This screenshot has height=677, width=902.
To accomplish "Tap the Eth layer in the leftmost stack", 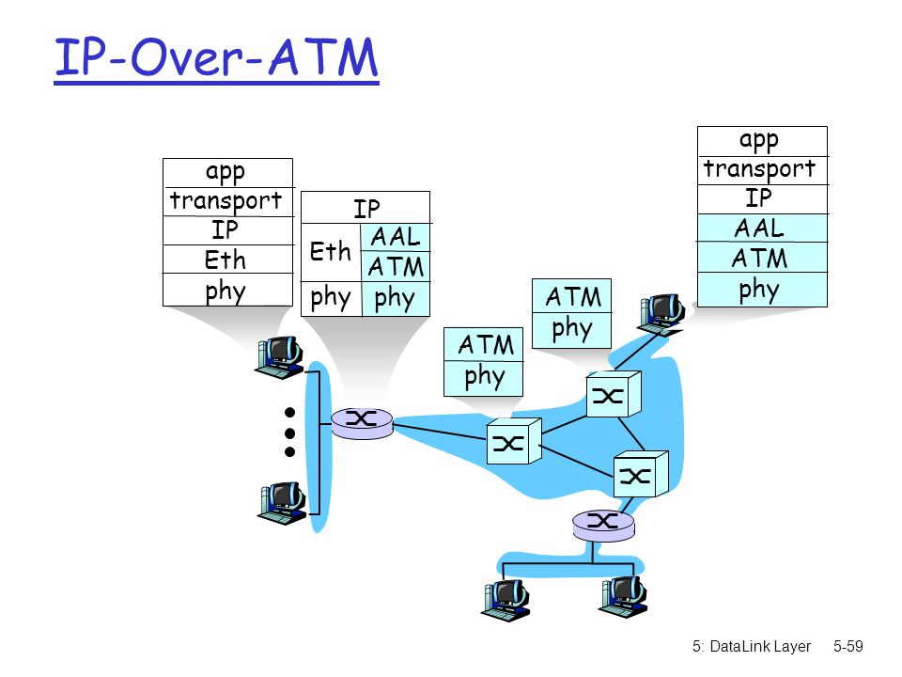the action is click(x=227, y=260).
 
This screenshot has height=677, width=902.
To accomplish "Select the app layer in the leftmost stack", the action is click(x=227, y=173).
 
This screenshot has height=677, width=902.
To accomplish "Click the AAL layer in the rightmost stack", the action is click(x=762, y=228).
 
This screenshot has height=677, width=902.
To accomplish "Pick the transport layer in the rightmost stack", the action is click(x=762, y=170).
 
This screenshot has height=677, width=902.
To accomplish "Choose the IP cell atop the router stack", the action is click(x=365, y=207).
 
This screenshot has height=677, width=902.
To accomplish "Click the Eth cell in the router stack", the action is click(x=331, y=252).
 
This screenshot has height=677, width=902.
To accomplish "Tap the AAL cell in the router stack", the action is click(x=396, y=237).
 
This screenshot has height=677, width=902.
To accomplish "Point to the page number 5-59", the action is click(x=848, y=647).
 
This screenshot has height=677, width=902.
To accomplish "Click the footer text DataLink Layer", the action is click(x=760, y=647).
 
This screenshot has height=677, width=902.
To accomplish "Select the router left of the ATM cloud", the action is click(x=362, y=423).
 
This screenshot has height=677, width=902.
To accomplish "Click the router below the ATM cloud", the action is click(x=603, y=525).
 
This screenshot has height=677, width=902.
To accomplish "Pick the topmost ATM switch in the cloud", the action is click(x=614, y=394).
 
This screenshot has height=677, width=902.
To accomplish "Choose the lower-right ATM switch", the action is click(x=641, y=474).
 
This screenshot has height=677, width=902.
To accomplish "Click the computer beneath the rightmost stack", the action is click(x=661, y=314).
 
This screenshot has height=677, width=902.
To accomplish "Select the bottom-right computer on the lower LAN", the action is click(x=623, y=597).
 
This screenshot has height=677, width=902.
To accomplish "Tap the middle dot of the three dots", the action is click(x=290, y=433).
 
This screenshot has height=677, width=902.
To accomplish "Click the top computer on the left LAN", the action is click(x=279, y=357).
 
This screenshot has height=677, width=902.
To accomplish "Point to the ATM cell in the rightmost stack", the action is click(x=762, y=258).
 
